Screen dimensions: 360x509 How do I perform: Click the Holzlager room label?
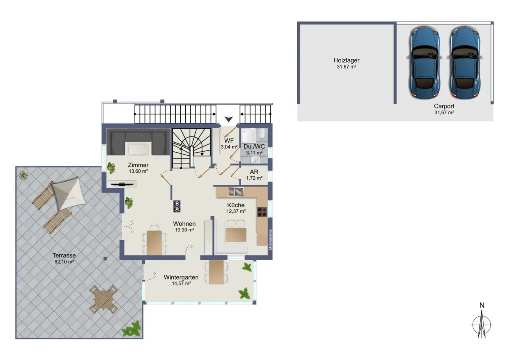pyautogui.click(x=346, y=60)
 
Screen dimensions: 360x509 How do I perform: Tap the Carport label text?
pyautogui.click(x=444, y=106)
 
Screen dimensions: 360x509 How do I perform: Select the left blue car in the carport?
pyautogui.click(x=424, y=63)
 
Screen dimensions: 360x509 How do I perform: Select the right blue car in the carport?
pyautogui.click(x=465, y=63)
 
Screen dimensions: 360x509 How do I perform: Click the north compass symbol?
pyautogui.click(x=482, y=324)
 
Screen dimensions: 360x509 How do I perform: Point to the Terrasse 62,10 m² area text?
pyautogui.click(x=64, y=262)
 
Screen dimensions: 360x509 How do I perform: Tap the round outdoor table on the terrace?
pyautogui.click(x=103, y=300)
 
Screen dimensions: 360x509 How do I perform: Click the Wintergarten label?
pyautogui.click(x=181, y=277)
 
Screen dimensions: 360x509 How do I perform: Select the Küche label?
pyautogui.click(x=236, y=205)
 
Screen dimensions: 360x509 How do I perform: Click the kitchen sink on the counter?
pyautogui.click(x=236, y=192)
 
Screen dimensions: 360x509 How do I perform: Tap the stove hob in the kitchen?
pyautogui.click(x=262, y=212)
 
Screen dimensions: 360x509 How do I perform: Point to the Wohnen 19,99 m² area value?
pyautogui.click(x=184, y=230)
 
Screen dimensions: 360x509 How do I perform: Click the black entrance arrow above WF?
pyautogui.click(x=229, y=119)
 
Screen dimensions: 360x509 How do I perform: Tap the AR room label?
pyautogui.click(x=254, y=172)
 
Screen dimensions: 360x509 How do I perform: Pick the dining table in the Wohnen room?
pyautogui.click(x=154, y=242)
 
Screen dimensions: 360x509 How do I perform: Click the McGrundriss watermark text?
pyautogui.click(x=270, y=239)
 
